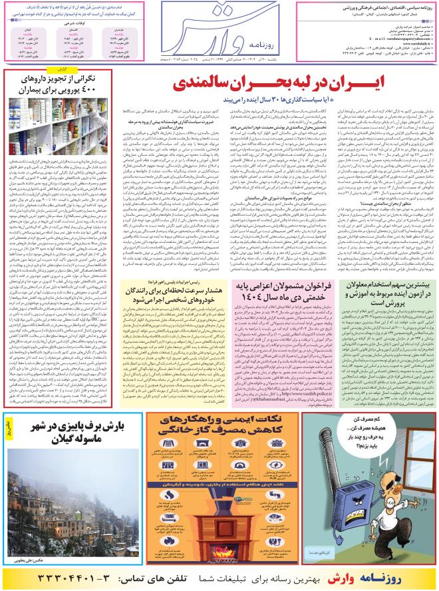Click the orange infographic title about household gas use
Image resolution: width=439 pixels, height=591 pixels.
point(219,429)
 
